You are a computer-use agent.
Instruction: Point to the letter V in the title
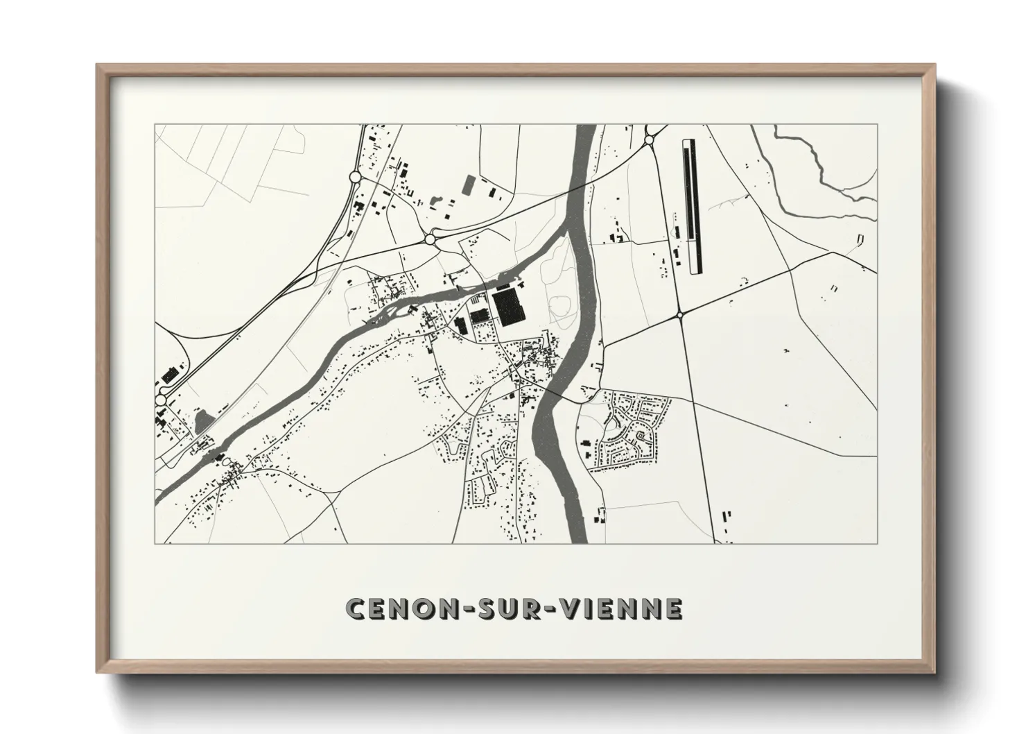[x=568, y=608]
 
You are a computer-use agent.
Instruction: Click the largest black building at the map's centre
[x=509, y=308]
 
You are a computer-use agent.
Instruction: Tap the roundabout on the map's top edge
[x=650, y=140]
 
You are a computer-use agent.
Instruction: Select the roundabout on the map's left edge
[x=162, y=400]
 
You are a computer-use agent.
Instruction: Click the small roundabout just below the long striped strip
[x=680, y=315]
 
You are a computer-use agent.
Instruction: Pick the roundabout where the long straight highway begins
[x=430, y=239]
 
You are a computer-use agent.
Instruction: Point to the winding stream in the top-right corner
[x=818, y=170]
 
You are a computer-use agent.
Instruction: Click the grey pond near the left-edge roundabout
[x=203, y=420]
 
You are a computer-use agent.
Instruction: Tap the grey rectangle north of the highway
[x=469, y=184]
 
